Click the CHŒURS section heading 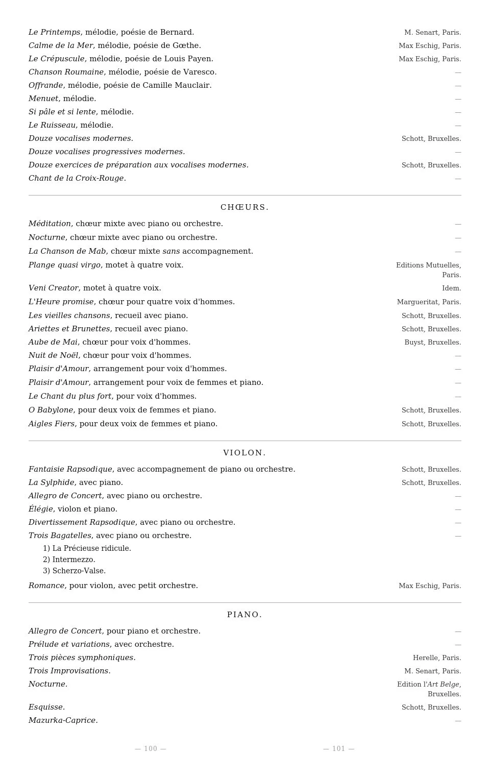[244, 207]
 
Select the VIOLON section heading [244, 453]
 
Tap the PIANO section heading [244, 615]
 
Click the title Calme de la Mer [61, 45]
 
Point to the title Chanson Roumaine [66, 72]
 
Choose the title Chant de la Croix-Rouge [77, 178]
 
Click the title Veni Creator [54, 288]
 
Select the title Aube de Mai [53, 342]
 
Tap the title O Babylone [51, 410]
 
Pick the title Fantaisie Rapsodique [70, 469]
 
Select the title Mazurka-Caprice [63, 720]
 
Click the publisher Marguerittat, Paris [429, 302]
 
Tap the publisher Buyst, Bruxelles [432, 342]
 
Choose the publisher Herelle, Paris [436, 658]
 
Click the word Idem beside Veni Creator [451, 288]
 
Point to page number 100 [151, 749]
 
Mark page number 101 [339, 749]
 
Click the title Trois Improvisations [69, 671]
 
